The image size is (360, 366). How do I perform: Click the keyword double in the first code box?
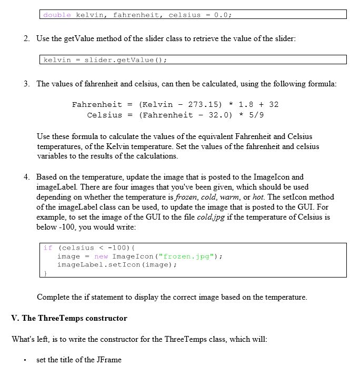coord(57,15)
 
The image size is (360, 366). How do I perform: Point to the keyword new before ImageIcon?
coord(101,256)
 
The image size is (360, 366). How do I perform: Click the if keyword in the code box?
coord(48,248)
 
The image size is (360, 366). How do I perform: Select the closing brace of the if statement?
coord(45,273)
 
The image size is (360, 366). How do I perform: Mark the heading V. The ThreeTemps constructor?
coord(69,318)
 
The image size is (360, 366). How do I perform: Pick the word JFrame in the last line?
coord(109,360)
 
